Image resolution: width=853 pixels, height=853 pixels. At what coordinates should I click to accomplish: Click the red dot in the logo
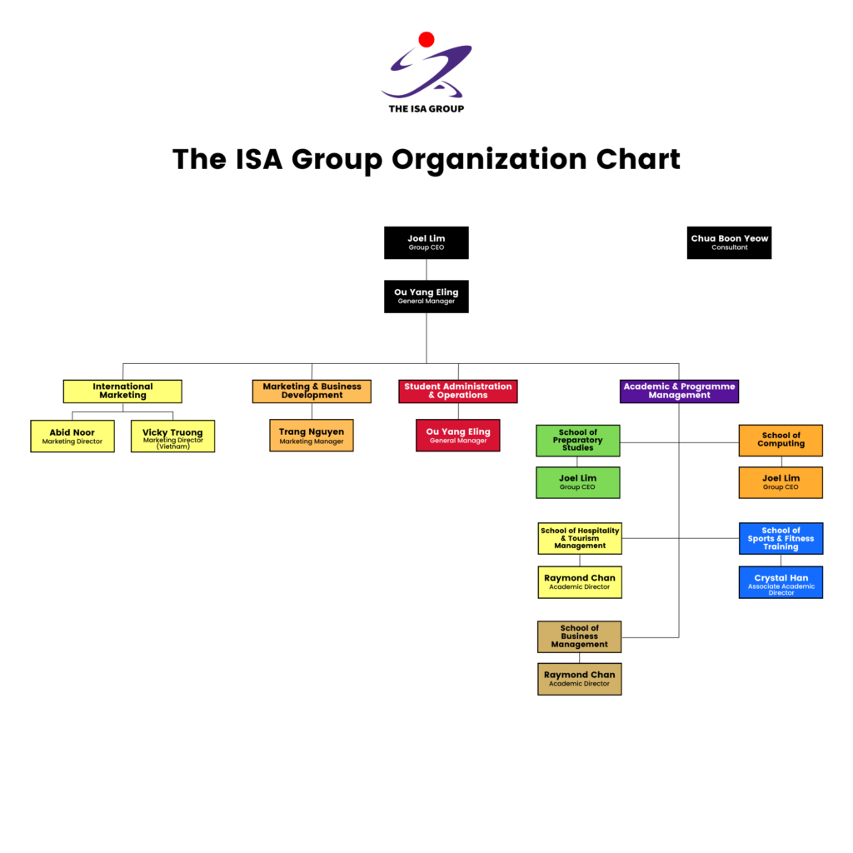coord(426,39)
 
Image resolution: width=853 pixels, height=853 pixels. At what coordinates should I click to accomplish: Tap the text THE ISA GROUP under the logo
coord(426,108)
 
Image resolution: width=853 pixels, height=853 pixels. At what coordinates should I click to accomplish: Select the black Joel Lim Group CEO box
coord(426,242)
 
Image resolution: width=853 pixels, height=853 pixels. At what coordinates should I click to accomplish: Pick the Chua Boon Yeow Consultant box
coord(729,242)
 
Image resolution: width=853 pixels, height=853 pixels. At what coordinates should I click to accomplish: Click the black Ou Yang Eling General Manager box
coord(426,297)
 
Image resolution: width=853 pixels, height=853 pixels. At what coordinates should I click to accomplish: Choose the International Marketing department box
coord(122,392)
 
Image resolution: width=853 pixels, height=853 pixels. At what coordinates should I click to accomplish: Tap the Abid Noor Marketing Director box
coord(72,436)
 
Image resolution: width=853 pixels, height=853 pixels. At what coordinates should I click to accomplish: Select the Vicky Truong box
coord(172,436)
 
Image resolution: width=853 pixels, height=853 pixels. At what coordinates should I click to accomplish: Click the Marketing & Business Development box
coord(312,392)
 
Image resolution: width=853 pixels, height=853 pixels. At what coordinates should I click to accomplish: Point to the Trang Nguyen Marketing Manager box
coord(312,436)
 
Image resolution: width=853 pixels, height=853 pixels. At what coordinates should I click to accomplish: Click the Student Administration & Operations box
coord(458,392)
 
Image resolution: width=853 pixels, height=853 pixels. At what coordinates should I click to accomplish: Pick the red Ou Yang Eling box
coord(458,436)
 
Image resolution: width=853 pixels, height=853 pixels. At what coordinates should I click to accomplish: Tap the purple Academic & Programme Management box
coord(680,392)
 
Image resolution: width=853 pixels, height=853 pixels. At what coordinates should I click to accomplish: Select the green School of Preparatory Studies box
coord(578,441)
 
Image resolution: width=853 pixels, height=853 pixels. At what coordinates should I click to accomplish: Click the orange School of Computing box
coord(781,441)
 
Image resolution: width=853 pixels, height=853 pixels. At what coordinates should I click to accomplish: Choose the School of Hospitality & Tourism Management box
coord(580,539)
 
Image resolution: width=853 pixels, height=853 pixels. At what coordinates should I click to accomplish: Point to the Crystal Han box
coord(781,582)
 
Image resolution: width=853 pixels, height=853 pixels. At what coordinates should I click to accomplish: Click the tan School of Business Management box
coord(580,636)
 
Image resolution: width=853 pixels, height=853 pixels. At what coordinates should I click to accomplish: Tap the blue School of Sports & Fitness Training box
coord(781,539)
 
